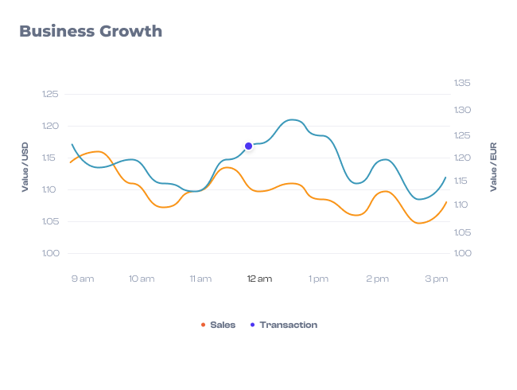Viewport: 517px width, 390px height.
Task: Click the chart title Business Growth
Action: click(x=91, y=32)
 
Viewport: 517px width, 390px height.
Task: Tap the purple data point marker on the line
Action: click(x=249, y=146)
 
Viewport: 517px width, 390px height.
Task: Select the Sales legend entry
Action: click(x=222, y=325)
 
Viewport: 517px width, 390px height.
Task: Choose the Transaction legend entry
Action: click(x=288, y=325)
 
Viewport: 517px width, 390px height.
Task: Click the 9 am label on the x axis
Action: click(x=83, y=279)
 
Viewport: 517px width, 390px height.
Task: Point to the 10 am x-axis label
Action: click(x=142, y=279)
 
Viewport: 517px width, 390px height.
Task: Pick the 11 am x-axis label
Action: click(x=200, y=279)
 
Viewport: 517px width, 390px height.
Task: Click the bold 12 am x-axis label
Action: click(x=259, y=279)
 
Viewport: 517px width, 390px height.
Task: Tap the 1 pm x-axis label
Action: click(x=318, y=279)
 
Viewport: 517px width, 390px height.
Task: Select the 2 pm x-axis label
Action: click(x=377, y=279)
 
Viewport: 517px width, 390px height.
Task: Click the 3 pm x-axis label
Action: click(x=436, y=279)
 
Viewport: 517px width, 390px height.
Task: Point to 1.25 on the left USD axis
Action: click(x=50, y=95)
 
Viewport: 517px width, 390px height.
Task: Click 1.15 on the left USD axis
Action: click(x=50, y=158)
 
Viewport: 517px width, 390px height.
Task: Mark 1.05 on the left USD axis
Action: click(x=50, y=221)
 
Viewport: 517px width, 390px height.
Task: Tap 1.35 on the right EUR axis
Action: click(x=462, y=83)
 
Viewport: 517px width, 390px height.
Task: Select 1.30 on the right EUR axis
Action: click(x=462, y=110)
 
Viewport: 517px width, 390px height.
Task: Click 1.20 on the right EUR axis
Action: click(x=462, y=158)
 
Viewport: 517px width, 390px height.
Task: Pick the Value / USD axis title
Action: click(x=25, y=167)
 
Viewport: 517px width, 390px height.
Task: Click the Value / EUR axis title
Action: click(x=493, y=167)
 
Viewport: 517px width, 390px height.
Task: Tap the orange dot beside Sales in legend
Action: click(x=203, y=325)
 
